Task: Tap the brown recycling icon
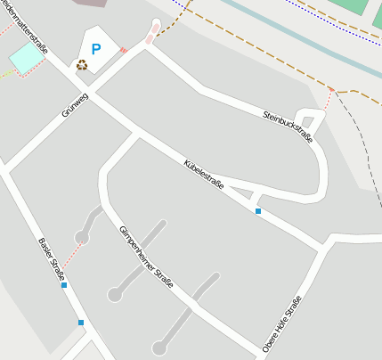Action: coord(82,64)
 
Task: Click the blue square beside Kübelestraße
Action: coord(258,211)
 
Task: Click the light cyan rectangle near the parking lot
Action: coord(26,58)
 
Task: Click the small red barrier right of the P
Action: coord(124,50)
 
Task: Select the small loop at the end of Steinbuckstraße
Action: coord(310,120)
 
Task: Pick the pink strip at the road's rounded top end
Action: coord(153,33)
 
